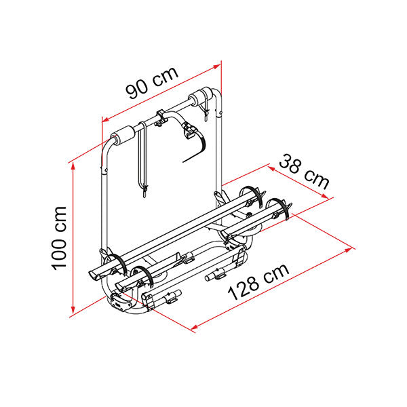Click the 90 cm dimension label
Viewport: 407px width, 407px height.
tap(153, 83)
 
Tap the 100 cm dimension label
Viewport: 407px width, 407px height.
tap(59, 238)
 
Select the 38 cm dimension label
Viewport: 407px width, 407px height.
tap(304, 172)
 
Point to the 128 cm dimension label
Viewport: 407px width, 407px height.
tap(258, 282)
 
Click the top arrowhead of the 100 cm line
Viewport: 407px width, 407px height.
tap(73, 168)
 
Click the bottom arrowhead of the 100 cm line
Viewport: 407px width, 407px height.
tap(73, 309)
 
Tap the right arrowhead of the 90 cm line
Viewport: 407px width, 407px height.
tap(216, 66)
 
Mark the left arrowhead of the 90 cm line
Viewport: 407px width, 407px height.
tap(106, 119)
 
